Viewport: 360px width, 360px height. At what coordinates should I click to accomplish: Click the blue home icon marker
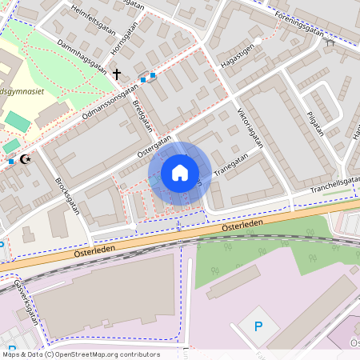[180, 173]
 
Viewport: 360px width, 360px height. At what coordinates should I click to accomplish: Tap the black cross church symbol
[117, 74]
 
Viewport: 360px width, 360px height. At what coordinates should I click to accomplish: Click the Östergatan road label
[154, 145]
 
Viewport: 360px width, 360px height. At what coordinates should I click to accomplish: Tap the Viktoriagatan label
[250, 127]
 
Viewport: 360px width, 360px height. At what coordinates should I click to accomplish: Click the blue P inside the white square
[258, 326]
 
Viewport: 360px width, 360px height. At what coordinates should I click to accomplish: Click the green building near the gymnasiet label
[16, 122]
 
